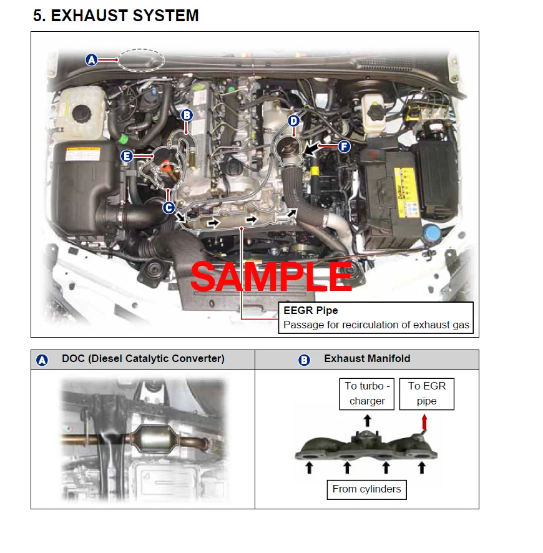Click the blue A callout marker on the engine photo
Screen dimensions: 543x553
coord(92,59)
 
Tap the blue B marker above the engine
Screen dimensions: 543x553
coord(187,115)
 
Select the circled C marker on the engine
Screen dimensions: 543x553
coord(169,207)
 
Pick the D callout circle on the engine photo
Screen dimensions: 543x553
coord(294,121)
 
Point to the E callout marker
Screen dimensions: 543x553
coord(127,156)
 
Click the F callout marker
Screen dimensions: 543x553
coord(344,146)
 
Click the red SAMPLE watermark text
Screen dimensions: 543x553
coord(271,277)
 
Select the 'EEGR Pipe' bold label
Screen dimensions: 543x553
coord(311,310)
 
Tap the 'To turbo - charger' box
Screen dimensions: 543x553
coord(367,394)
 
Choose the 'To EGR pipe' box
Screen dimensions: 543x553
coord(427,394)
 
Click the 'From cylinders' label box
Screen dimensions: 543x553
coord(367,489)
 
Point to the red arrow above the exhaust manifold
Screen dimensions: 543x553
coord(424,422)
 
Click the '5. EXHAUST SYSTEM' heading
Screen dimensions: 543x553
coord(116,16)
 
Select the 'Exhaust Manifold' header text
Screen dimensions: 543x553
coord(367,359)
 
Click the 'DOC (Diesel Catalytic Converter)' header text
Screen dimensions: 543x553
coord(143,359)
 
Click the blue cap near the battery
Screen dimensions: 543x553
coord(431,233)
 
